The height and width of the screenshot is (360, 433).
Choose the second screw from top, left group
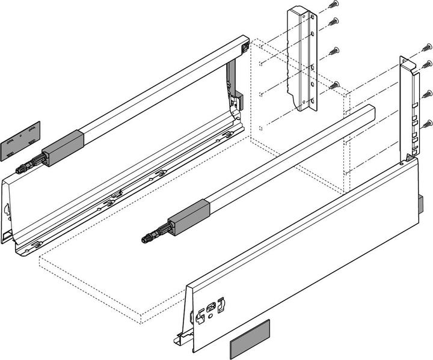pos(334,23)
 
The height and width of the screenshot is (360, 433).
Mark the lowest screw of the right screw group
pos(427,123)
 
